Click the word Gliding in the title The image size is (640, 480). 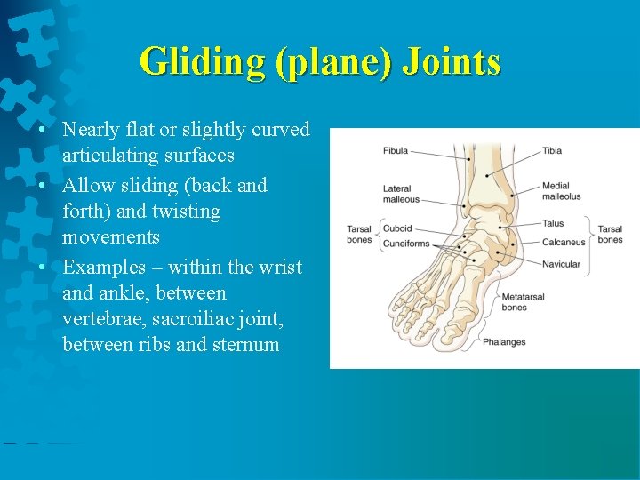(x=203, y=62)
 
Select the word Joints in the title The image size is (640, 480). (x=452, y=62)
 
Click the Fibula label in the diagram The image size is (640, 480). (x=396, y=151)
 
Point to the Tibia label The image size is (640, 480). (x=552, y=151)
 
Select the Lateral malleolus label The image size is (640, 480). (x=401, y=194)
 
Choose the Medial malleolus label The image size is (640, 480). (x=561, y=191)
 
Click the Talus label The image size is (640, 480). (x=553, y=224)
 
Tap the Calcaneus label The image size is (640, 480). (x=564, y=242)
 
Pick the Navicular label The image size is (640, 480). (x=561, y=264)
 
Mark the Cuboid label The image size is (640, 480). (x=397, y=228)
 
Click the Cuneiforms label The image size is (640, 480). (x=406, y=244)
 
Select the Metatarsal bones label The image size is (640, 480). (x=523, y=302)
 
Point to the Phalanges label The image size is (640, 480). (x=504, y=342)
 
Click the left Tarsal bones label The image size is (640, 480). (x=359, y=235)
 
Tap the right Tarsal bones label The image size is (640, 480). (x=610, y=235)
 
